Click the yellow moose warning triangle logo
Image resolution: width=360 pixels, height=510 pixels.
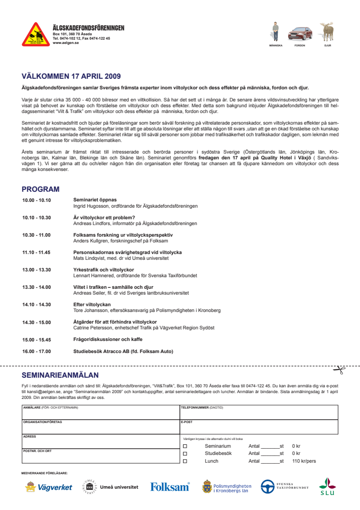36,34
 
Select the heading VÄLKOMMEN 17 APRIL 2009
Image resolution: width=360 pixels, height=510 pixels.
71,76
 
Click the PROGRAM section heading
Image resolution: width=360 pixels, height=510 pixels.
41,189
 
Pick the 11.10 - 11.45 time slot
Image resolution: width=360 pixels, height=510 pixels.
36,252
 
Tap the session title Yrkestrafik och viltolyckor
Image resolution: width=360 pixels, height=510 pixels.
103,269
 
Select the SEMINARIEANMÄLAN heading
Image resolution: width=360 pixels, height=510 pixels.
60,375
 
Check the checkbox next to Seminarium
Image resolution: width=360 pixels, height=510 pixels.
185,446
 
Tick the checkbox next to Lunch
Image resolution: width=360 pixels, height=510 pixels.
185,461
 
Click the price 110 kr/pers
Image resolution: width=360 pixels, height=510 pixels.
304,461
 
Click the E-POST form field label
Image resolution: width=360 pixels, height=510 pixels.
186,422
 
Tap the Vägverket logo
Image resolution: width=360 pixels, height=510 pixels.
49,487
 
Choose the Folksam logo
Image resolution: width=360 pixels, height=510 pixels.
169,487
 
